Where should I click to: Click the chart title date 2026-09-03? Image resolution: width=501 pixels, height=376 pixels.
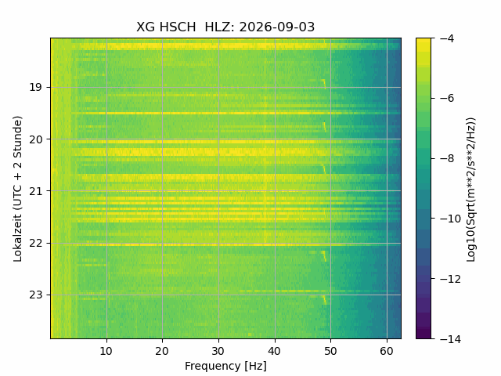(x=276, y=27)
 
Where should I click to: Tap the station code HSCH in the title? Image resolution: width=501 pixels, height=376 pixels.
(x=178, y=27)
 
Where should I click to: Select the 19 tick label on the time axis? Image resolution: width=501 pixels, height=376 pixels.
(x=35, y=87)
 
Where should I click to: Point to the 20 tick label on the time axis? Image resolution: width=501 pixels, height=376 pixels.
(x=35, y=139)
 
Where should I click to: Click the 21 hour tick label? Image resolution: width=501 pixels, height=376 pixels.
(x=35, y=191)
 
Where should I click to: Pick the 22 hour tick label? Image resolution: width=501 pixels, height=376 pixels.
(x=35, y=244)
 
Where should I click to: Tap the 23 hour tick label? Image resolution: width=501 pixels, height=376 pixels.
(x=35, y=295)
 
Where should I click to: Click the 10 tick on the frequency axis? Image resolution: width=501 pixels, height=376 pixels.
(x=106, y=351)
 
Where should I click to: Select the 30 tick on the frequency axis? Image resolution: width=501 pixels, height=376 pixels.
(x=218, y=351)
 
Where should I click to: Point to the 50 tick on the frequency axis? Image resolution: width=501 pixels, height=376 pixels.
(x=330, y=351)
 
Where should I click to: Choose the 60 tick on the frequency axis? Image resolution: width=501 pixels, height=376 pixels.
(x=387, y=351)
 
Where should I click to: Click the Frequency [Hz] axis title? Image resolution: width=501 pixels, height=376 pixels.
(x=225, y=366)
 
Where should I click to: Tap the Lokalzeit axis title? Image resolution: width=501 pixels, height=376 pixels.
(x=18, y=189)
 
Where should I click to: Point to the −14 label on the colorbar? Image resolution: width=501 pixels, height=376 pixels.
(x=450, y=338)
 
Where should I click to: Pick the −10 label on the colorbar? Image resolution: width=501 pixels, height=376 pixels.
(x=450, y=219)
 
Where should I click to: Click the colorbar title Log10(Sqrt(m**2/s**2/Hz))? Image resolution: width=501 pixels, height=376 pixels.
(x=471, y=190)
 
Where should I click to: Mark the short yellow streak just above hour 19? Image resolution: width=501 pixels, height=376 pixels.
(x=324, y=84)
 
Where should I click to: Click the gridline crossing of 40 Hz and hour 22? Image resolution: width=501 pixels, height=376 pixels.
(x=275, y=244)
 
